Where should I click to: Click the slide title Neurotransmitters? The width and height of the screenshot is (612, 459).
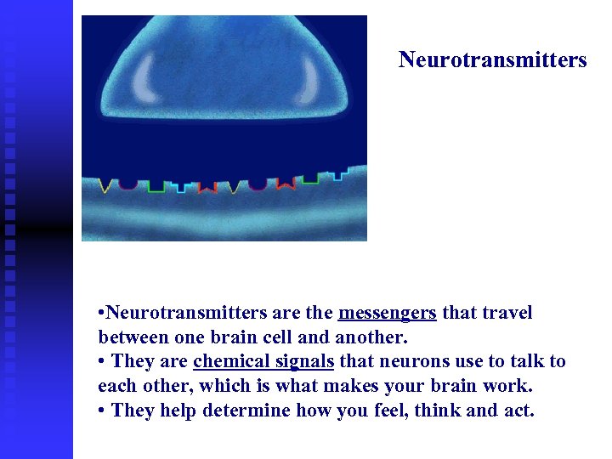[x=492, y=60]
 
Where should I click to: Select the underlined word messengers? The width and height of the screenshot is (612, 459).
[x=387, y=313]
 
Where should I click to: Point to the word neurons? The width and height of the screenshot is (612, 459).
[x=408, y=361]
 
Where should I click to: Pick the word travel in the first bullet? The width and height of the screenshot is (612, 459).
[x=507, y=313]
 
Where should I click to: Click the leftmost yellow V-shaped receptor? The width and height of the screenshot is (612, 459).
[x=108, y=185]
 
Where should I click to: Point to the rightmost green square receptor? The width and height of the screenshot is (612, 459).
[x=311, y=178]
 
